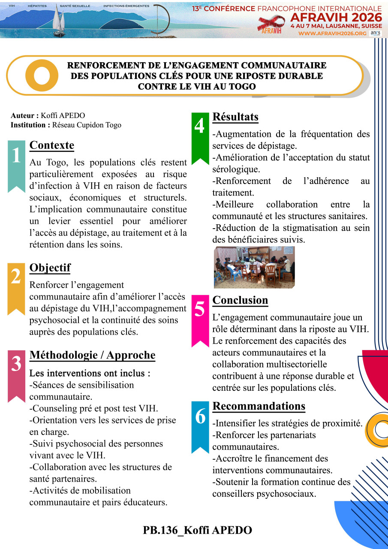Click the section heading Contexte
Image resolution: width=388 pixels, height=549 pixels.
click(x=51, y=145)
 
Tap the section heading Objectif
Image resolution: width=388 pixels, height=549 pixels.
click(x=50, y=268)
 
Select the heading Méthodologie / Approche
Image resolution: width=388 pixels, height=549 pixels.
click(x=92, y=355)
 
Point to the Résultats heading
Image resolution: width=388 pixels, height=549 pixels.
click(x=235, y=117)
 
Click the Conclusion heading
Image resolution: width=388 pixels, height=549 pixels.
click(x=240, y=300)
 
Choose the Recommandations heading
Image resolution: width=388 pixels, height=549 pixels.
click(x=259, y=406)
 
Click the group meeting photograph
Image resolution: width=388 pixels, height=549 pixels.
click(x=254, y=267)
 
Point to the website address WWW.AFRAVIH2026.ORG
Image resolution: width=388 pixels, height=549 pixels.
click(x=332, y=33)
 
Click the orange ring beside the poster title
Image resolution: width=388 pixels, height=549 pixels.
click(x=42, y=75)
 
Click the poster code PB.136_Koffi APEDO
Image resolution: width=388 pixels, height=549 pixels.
click(x=198, y=530)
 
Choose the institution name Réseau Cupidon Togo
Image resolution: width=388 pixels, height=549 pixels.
click(x=87, y=125)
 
